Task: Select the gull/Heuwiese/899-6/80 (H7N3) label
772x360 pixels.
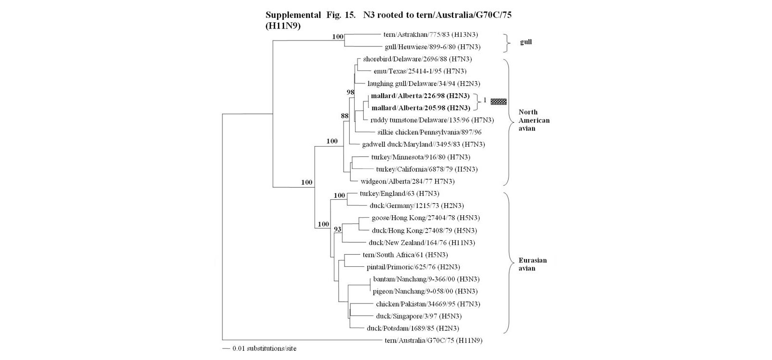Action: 432,47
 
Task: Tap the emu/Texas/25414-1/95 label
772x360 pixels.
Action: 420,71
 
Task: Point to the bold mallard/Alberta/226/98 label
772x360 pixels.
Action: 420,96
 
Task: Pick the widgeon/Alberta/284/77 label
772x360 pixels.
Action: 407,181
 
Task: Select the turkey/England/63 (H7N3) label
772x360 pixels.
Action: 400,194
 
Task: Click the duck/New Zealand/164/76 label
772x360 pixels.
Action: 422,243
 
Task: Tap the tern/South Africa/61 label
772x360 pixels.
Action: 405,255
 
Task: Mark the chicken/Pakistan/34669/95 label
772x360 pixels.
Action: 427,304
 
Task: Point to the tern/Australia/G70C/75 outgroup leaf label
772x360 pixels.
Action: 434,341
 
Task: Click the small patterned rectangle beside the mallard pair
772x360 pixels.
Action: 499,102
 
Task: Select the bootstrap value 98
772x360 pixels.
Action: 350,92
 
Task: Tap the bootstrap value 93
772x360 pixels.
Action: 337,229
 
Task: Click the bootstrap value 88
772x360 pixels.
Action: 345,116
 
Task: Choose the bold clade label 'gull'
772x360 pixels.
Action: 525,42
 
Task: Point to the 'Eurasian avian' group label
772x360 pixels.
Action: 533,264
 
